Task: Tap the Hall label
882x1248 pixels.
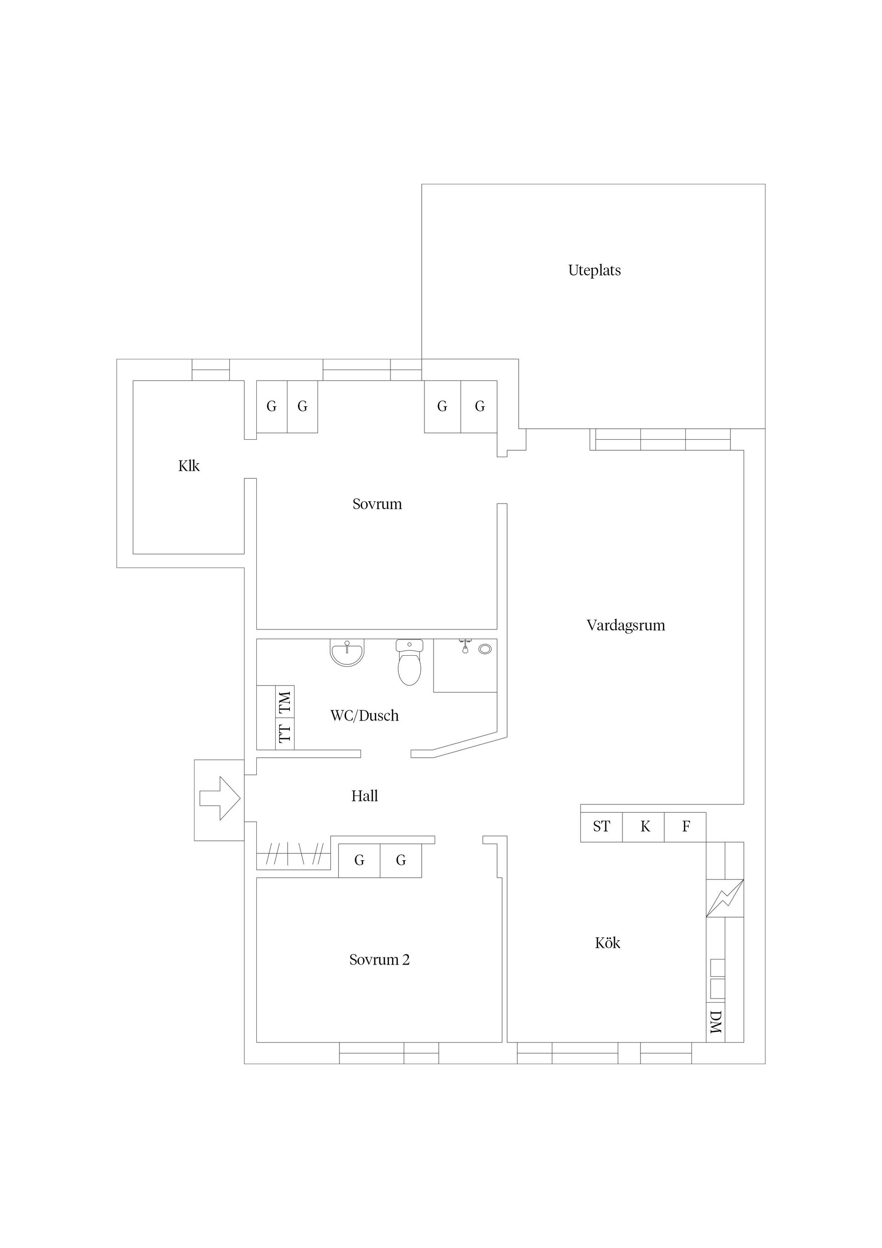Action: pos(364,796)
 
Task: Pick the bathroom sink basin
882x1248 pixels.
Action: pos(347,652)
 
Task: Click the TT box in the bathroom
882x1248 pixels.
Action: pos(285,733)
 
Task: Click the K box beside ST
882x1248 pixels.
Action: pos(645,827)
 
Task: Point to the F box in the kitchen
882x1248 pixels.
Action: pos(686,827)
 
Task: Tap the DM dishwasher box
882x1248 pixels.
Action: pos(715,1022)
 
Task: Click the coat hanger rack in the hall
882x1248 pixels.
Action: pos(294,855)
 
